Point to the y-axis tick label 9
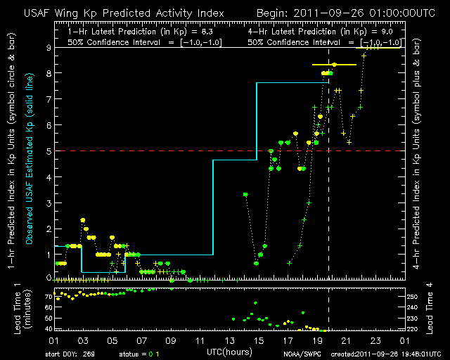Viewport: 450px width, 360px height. [48, 48]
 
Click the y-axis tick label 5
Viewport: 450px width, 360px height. [48, 150]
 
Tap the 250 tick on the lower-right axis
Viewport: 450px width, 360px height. [414, 297]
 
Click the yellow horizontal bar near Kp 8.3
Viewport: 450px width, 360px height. [335, 65]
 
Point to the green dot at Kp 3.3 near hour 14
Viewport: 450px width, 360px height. [245, 194]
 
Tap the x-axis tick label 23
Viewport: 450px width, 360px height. [378, 340]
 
